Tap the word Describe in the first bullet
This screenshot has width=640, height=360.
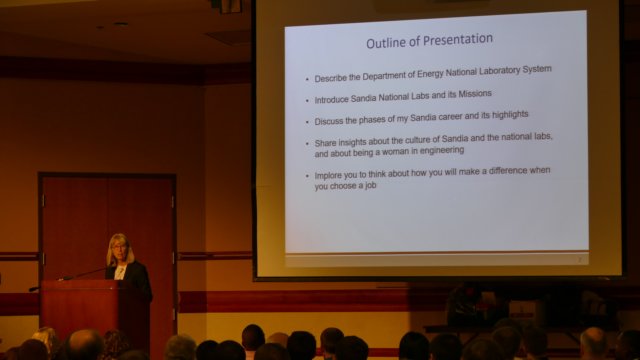331,78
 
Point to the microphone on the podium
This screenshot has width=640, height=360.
85,272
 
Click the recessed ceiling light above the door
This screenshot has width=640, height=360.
120,24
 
